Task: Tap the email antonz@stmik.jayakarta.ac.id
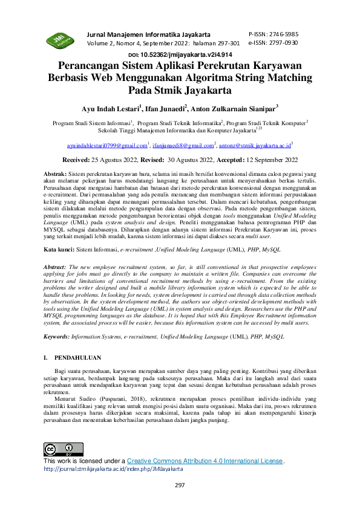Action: click(x=255, y=146)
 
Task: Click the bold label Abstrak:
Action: click(x=58, y=173)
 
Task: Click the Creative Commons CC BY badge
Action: click(x=59, y=449)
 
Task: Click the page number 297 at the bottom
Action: click(x=180, y=485)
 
